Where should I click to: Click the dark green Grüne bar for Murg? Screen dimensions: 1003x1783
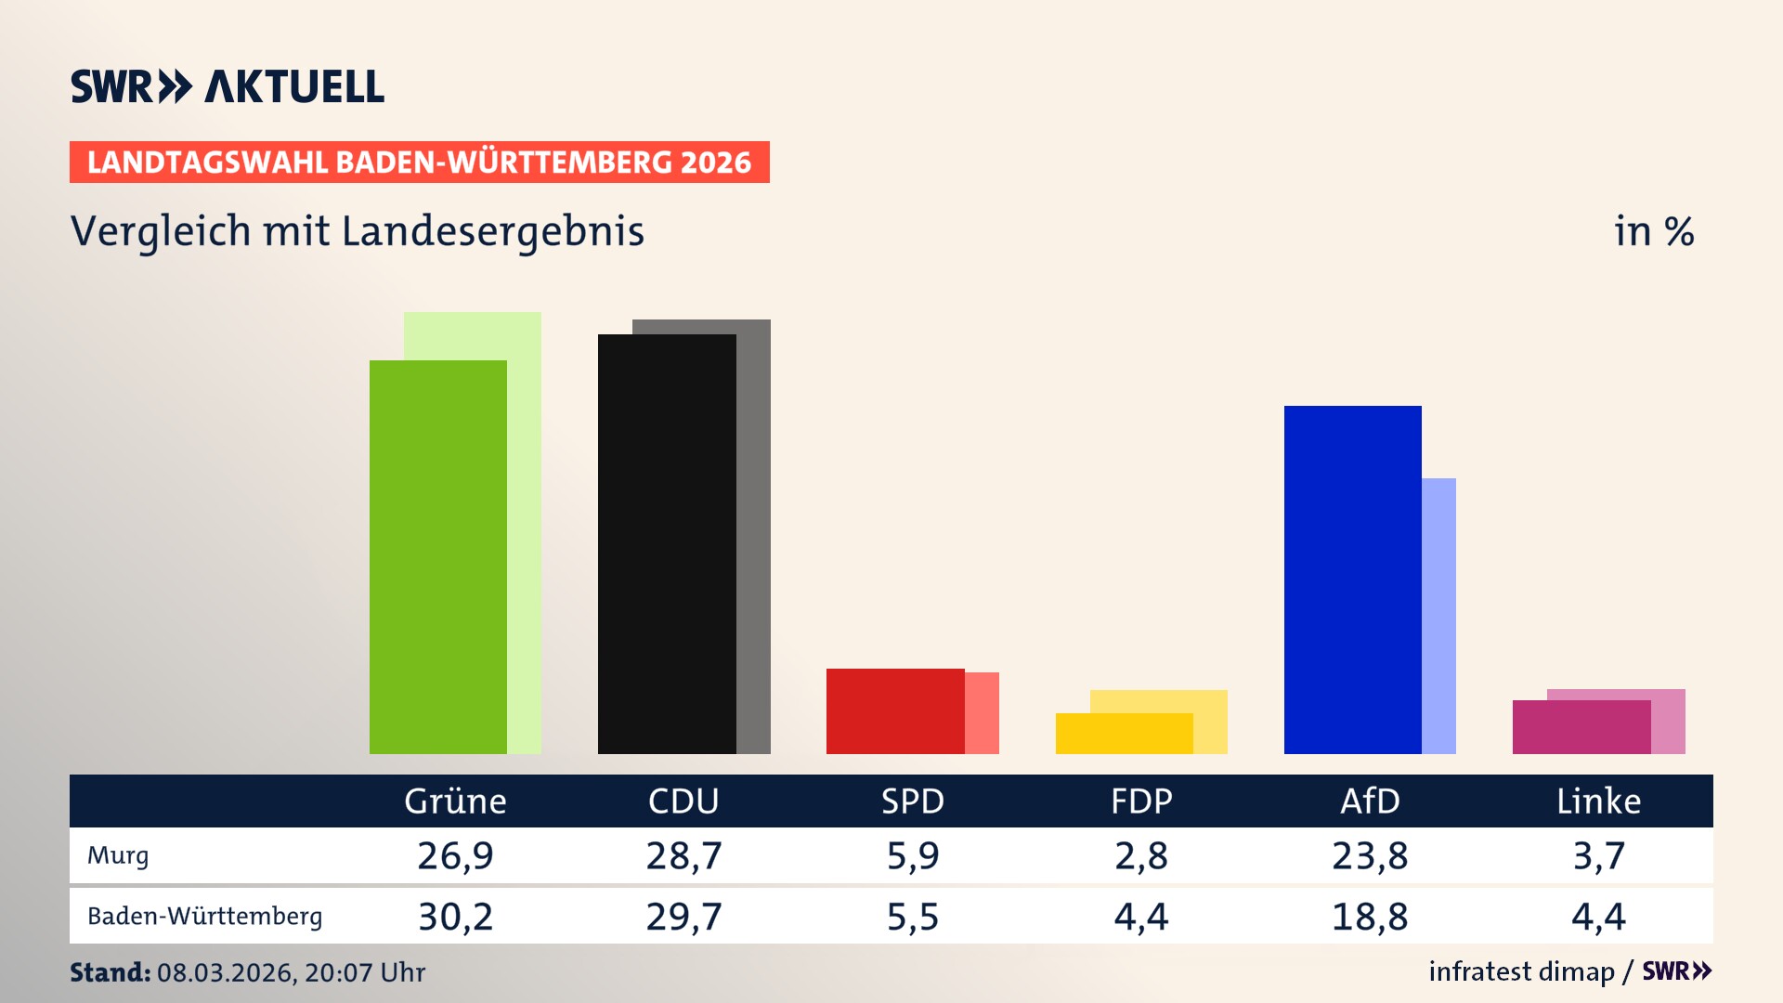(437, 557)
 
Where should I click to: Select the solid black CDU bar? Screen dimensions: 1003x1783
(667, 544)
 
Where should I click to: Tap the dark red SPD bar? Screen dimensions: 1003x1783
(895, 711)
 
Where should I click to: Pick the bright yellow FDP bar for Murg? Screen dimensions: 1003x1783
(1124, 734)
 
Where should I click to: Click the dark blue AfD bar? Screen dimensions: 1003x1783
(1352, 580)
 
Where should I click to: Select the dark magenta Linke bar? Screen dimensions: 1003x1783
(1581, 727)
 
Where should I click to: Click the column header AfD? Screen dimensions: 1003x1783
(1370, 801)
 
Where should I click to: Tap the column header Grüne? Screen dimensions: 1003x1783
(455, 801)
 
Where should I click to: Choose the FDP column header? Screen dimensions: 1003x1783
(1141, 801)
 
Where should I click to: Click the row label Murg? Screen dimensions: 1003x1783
(118, 855)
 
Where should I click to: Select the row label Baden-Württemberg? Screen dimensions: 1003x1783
(204, 917)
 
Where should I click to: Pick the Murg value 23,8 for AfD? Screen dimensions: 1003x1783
(1370, 855)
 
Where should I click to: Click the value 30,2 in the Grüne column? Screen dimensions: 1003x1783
(455, 917)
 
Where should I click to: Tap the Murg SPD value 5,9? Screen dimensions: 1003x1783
(912, 855)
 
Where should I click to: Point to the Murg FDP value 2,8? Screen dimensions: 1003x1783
(1141, 855)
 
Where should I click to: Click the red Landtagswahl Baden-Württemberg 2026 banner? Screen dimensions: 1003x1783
(419, 163)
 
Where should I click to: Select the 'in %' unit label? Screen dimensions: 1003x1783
(1654, 231)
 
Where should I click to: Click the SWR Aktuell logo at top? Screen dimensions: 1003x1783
(228, 86)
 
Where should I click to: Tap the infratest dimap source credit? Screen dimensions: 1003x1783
(1521, 971)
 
